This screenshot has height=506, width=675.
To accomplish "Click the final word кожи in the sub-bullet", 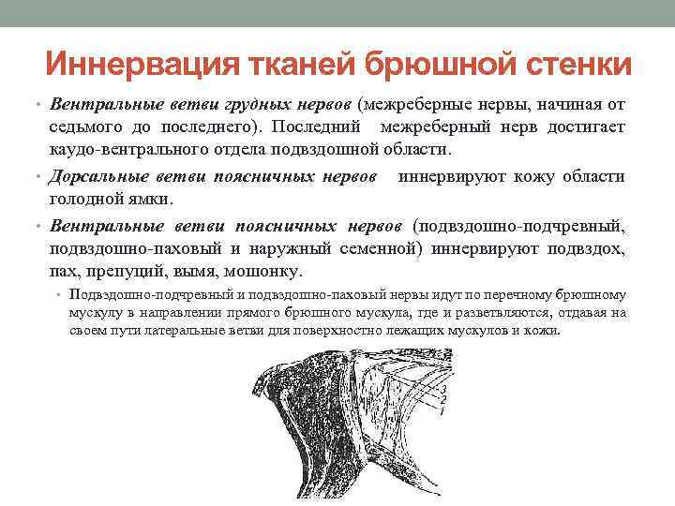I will (545, 332).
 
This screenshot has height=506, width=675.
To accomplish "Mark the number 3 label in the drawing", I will (443, 389).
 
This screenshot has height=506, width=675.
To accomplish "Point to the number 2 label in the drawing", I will (443, 400).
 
